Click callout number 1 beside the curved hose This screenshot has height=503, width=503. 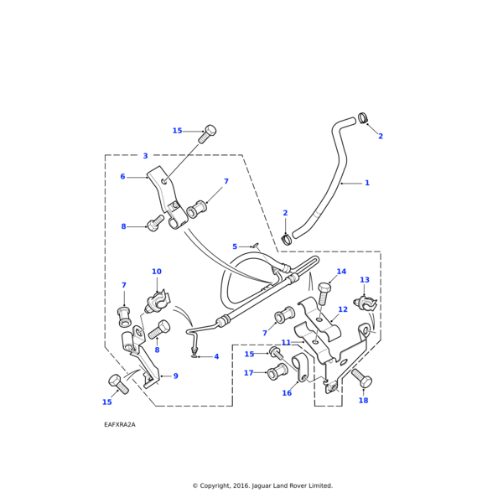pyautogui.click(x=366, y=183)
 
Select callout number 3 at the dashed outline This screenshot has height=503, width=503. pyautogui.click(x=145, y=156)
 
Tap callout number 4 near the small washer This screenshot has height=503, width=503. pyautogui.click(x=215, y=356)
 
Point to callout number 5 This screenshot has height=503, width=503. pyautogui.click(x=235, y=246)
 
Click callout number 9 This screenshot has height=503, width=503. pyautogui.click(x=175, y=376)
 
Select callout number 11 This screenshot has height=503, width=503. pyautogui.click(x=286, y=343)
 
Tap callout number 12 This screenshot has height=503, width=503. pyautogui.click(x=342, y=310)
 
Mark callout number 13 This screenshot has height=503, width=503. pyautogui.click(x=365, y=280)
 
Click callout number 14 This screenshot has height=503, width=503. pyautogui.click(x=341, y=272)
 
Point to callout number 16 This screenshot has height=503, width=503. pyautogui.click(x=287, y=393)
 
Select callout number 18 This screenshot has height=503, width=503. pyautogui.click(x=363, y=401)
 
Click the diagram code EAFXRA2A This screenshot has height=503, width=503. pyautogui.click(x=120, y=425)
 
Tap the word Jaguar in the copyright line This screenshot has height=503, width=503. pyautogui.click(x=267, y=485)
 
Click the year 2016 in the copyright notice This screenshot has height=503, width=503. pyautogui.click(x=239, y=485)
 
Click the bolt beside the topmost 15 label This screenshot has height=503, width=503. pyautogui.click(x=209, y=132)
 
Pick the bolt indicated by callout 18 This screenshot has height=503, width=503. pyautogui.click(x=361, y=378)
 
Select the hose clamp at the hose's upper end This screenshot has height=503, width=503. pyautogui.click(x=363, y=118)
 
